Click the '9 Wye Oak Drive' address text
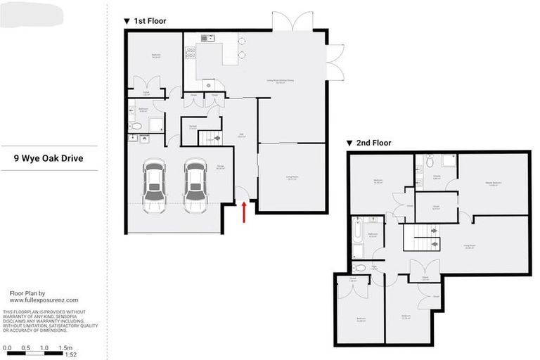point(49,158)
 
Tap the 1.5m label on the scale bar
point(65,347)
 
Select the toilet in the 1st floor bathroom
point(136,127)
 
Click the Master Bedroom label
point(491,185)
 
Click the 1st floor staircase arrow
point(217,139)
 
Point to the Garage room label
point(200,168)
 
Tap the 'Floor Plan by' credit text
point(27,292)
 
